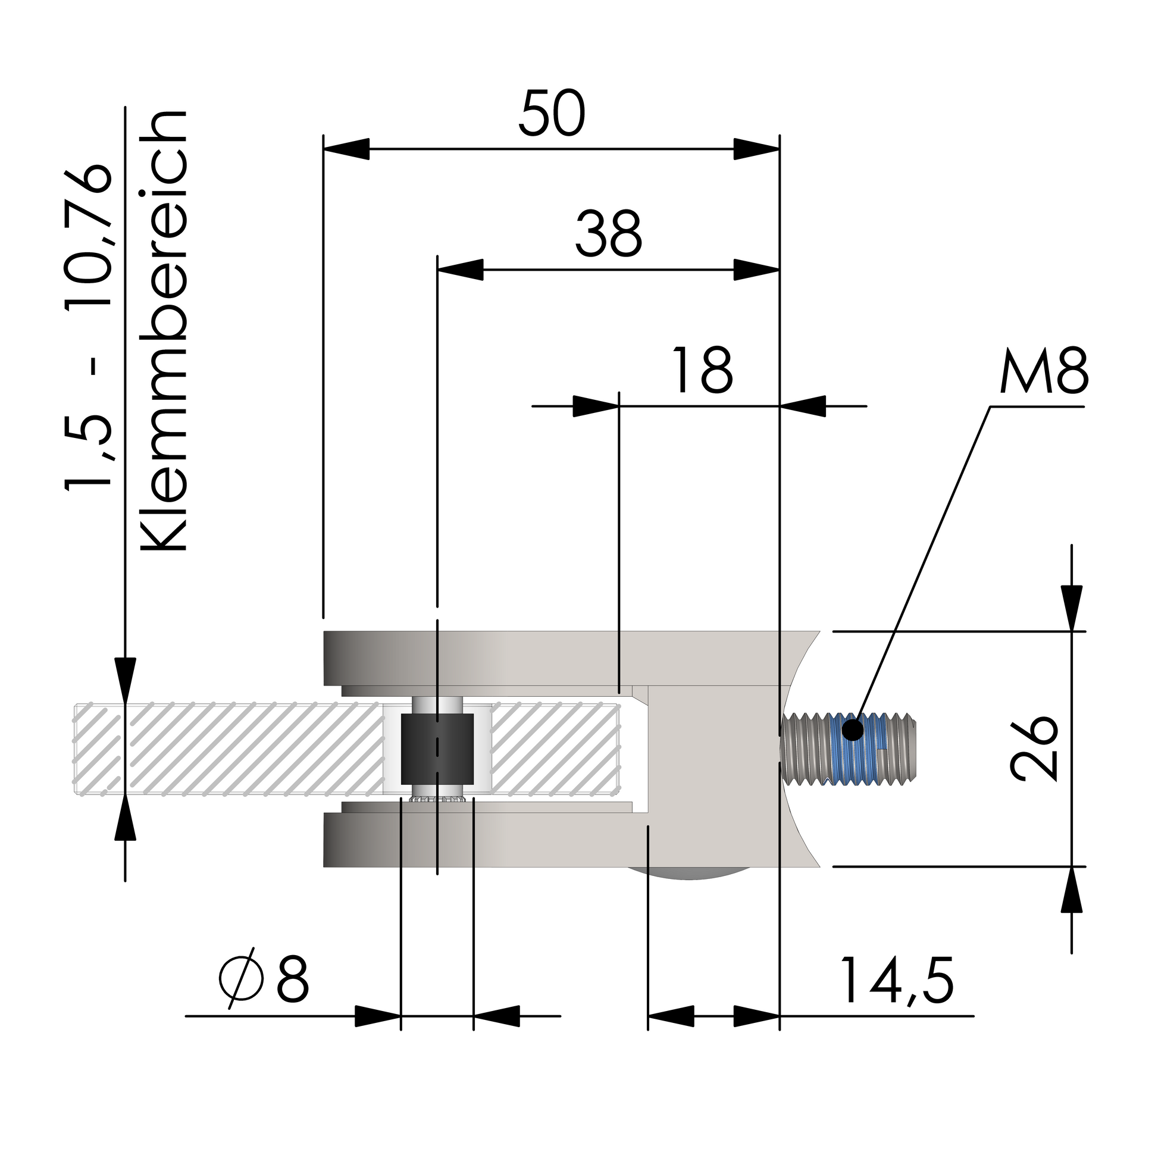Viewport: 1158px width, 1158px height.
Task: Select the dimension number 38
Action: (608, 234)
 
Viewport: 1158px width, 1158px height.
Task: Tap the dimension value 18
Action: (702, 370)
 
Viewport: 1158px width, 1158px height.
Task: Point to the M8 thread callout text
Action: (1044, 370)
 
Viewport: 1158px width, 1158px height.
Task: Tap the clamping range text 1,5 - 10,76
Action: (89, 326)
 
